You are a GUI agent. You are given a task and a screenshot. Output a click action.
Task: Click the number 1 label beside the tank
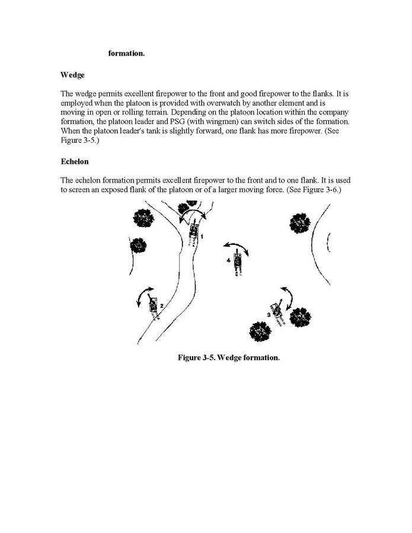click(202, 237)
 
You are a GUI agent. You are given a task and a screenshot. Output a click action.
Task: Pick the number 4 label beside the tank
click(228, 260)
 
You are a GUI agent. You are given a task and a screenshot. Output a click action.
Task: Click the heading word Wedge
click(72, 75)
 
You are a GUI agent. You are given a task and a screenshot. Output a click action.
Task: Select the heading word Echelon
click(75, 161)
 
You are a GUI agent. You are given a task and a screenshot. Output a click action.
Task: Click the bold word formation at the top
click(126, 54)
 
